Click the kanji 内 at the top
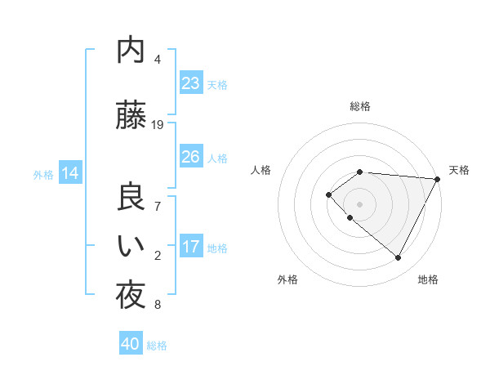point(131,51)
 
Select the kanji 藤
point(131,116)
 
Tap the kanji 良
point(131,198)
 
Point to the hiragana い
point(131,247)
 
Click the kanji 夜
point(131,296)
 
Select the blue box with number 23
point(191,83)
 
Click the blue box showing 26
point(191,157)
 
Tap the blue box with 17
point(191,247)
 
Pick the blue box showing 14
point(70,173)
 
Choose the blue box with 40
point(131,344)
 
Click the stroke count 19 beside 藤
point(158,125)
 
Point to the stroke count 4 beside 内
point(158,60)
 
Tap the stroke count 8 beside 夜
point(158,305)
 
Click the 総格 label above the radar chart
point(360,106)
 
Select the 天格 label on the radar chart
point(459,170)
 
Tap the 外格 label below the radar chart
point(287,279)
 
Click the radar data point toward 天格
point(439,179)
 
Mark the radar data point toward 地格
point(399,258)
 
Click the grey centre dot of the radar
point(360,203)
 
